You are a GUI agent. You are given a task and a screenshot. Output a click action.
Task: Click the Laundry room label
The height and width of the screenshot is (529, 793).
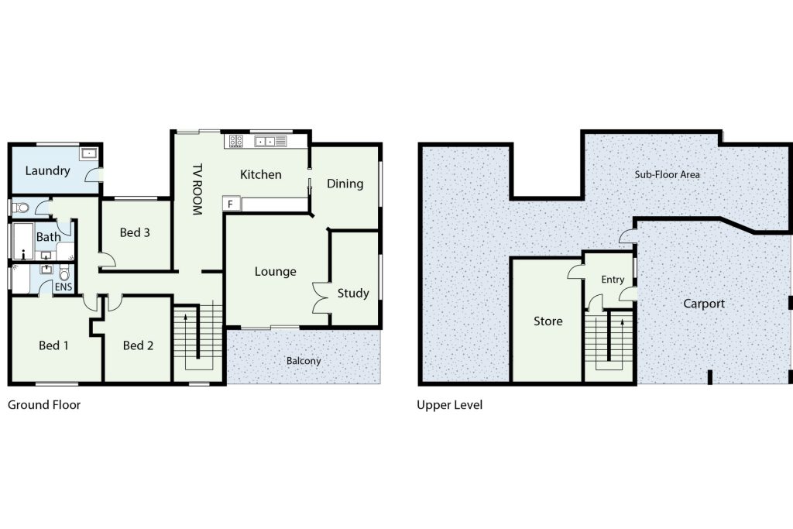[x=47, y=171]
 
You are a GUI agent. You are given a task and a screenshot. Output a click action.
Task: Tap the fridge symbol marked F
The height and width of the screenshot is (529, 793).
[x=231, y=204]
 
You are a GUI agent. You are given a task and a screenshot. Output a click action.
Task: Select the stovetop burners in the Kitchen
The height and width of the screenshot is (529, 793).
[x=236, y=141]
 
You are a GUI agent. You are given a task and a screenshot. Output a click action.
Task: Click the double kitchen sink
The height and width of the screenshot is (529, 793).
[x=265, y=141]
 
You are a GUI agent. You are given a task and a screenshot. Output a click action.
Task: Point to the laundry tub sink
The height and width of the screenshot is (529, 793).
[x=89, y=153]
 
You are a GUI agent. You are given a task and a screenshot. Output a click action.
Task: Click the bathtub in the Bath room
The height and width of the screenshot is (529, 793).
[x=22, y=241]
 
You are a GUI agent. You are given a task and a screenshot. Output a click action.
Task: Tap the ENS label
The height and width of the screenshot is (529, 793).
[x=64, y=287]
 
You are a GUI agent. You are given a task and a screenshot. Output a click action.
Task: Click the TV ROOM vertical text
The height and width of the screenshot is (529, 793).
[x=197, y=189]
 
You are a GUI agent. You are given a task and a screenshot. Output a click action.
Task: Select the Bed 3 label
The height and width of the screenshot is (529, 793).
[x=135, y=232]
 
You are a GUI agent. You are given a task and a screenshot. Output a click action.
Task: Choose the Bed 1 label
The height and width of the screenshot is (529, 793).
[x=53, y=345]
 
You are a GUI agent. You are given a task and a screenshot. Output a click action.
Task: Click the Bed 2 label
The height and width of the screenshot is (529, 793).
[x=138, y=345]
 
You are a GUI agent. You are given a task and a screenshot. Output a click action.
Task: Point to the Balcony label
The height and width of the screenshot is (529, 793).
[x=304, y=361]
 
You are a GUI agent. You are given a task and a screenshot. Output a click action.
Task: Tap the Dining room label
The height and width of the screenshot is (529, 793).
[x=345, y=184]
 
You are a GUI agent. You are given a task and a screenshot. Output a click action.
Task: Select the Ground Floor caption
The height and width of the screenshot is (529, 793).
[x=44, y=404]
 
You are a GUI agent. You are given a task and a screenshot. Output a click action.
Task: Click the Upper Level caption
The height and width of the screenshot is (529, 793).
[x=450, y=404]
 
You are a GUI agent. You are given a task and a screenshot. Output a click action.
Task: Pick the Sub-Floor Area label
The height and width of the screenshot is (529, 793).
[x=667, y=174]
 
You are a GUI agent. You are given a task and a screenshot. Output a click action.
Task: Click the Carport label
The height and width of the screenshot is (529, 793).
[x=704, y=304]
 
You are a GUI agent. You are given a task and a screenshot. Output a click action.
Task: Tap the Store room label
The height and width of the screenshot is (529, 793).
[x=548, y=321]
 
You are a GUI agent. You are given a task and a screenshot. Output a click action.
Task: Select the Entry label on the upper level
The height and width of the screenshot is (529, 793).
[x=613, y=280]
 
